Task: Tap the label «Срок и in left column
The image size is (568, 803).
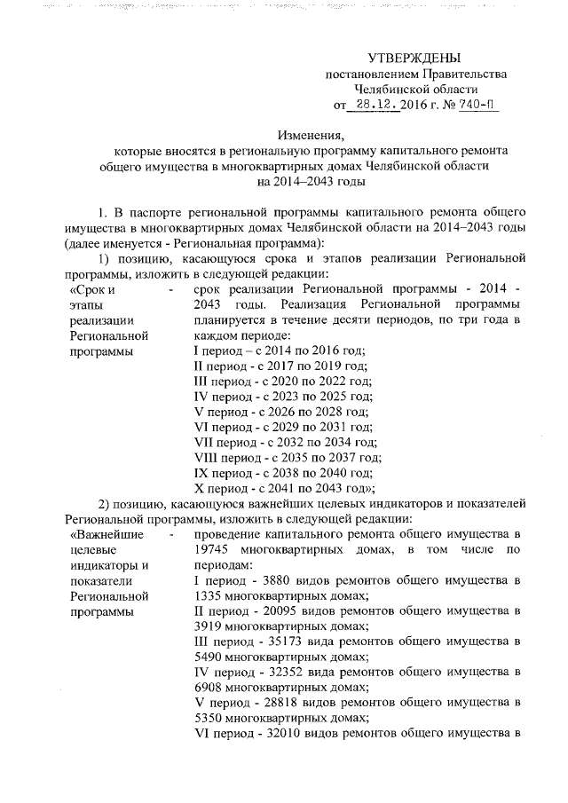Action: pos(93,290)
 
